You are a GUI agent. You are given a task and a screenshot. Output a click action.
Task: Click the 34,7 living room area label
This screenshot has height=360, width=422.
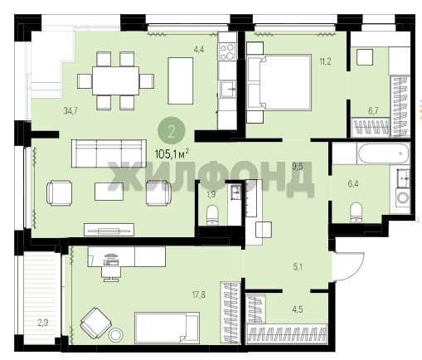tap(70, 111)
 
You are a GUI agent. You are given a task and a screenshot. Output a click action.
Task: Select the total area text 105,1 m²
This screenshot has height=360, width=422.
tap(172, 154)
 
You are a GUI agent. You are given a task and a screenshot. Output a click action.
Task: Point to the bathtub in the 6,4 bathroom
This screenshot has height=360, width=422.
tap(383, 153)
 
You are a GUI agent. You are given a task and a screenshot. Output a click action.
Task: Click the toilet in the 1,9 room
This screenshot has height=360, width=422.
tap(212, 215)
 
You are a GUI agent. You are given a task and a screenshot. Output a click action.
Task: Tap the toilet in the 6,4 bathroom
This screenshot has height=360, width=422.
tap(356, 212)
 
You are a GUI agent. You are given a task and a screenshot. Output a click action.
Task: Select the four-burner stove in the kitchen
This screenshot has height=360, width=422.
tap(227, 52)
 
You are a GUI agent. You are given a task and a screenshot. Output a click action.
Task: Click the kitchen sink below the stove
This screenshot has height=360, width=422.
tap(228, 89)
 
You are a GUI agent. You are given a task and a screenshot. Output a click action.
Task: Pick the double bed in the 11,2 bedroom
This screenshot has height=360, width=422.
tap(279, 83)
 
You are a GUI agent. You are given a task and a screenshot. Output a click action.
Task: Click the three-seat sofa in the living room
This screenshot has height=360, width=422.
tap(109, 153)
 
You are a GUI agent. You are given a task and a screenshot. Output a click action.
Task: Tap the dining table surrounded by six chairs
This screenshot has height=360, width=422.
tap(115, 80)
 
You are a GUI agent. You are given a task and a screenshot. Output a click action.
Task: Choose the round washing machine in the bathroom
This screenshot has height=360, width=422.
tap(403, 197)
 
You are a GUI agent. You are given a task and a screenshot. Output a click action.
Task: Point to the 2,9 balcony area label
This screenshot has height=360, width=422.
tap(43, 323)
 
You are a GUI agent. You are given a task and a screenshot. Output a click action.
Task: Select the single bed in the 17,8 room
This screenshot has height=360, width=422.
tap(167, 328)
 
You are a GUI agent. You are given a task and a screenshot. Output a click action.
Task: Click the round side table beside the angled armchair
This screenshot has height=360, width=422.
tap(116, 335)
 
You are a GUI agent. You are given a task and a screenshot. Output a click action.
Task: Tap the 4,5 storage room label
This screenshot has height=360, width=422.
tap(298, 309)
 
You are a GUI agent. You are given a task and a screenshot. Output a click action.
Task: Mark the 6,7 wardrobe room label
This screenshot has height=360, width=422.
tap(373, 111)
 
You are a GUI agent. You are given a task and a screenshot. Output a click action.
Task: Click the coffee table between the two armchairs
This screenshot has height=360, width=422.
tap(109, 192)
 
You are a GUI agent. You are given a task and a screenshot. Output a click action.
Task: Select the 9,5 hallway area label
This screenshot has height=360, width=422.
tap(298, 167)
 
